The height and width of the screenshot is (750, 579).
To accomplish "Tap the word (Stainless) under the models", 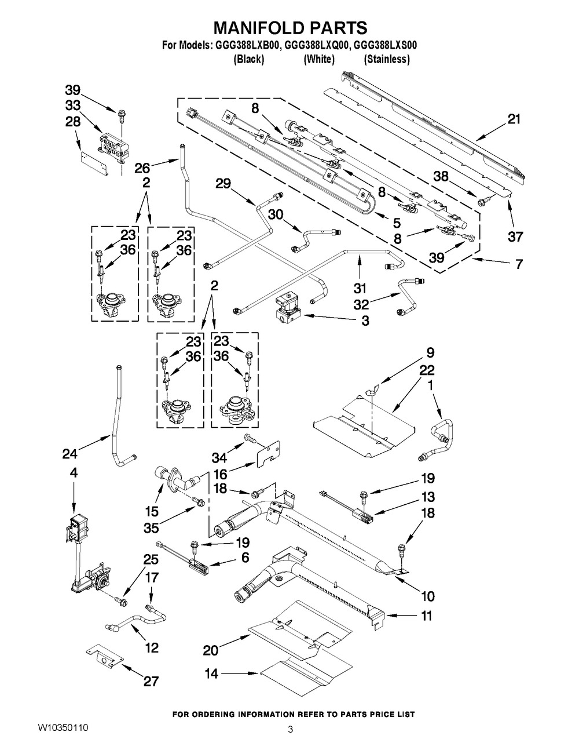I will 386,59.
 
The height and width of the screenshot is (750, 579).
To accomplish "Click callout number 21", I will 514,119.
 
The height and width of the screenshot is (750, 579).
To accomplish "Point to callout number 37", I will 515,236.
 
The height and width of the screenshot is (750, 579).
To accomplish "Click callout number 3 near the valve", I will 365,320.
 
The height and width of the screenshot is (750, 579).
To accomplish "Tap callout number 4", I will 74,474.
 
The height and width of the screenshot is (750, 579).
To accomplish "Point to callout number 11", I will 426,616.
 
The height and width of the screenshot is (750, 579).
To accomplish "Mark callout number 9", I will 430,352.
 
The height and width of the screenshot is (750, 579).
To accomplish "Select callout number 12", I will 151,648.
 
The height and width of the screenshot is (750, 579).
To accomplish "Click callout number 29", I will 223,184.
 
